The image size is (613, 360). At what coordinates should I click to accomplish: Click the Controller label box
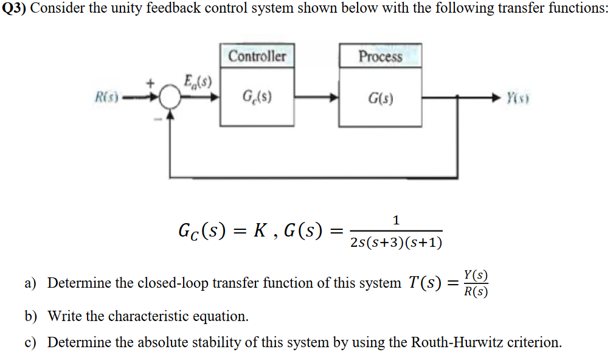[x=257, y=57]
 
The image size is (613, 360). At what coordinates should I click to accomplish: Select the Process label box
[x=380, y=57]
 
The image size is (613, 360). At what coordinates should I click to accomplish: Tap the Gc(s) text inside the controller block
[x=257, y=96]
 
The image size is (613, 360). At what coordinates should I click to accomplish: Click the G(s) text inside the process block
[x=381, y=97]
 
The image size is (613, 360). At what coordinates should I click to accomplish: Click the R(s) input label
[x=107, y=97]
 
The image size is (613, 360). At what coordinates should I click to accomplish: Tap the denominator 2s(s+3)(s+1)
[x=396, y=243]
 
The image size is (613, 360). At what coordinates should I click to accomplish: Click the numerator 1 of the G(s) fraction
[x=396, y=220]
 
